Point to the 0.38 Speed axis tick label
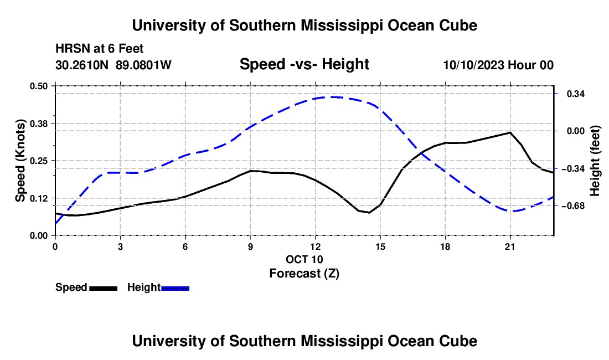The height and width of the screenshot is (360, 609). tap(38, 124)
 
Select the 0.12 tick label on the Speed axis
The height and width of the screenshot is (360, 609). tap(38, 198)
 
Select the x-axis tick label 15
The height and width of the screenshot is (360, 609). tap(380, 246)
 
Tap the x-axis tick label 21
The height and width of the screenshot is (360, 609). tap(510, 246)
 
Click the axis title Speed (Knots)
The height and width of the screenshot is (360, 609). tap(20, 161)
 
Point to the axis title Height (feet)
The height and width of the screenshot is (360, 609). tap(595, 161)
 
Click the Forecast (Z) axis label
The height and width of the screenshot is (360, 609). tap(304, 274)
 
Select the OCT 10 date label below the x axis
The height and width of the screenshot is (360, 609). tap(304, 259)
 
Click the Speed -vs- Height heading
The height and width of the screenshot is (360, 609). tap(304, 64)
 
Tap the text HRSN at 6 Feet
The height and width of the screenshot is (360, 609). tap(100, 49)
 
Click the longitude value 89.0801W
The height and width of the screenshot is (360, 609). tap(143, 65)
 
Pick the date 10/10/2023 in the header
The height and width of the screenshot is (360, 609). tap(473, 65)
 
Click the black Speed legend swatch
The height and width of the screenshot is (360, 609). tap(104, 289)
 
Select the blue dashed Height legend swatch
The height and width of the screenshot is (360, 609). tap(175, 289)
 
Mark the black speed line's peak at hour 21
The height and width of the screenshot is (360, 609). tap(510, 132)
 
